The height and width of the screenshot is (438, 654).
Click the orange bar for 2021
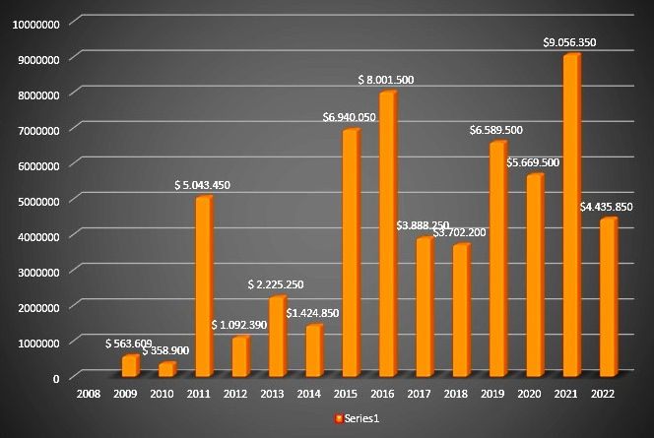[570, 217]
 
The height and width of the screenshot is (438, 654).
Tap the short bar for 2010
[166, 369]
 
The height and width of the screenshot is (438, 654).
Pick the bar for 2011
[203, 286]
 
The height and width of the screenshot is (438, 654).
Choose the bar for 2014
[313, 350]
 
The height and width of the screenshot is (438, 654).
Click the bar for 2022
[607, 297]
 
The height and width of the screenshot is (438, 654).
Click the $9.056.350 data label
[570, 42]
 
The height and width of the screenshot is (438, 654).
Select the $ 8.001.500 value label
[387, 80]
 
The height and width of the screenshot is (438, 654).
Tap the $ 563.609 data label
[132, 344]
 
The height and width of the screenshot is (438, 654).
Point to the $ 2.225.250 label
[278, 284]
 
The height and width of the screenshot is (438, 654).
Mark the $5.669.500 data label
[533, 162]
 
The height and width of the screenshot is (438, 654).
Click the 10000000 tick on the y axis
[34, 23]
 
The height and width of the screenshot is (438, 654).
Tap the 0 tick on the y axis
[56, 377]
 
